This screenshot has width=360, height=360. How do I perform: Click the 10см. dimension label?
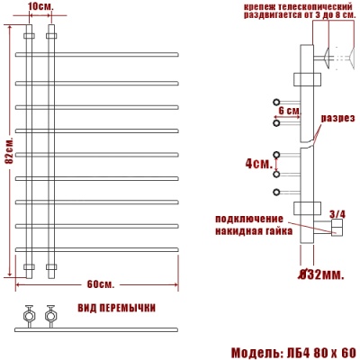click(x=40, y=7)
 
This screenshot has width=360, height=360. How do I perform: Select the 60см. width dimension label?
click(x=100, y=284)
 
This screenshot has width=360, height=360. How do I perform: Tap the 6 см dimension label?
click(x=289, y=110)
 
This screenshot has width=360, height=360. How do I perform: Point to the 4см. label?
click(x=256, y=165)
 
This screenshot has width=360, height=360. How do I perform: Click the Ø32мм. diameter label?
click(x=321, y=274)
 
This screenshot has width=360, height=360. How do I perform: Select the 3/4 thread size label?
click(x=337, y=214)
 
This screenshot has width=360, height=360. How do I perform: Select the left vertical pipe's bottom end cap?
click(x=29, y=267)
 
